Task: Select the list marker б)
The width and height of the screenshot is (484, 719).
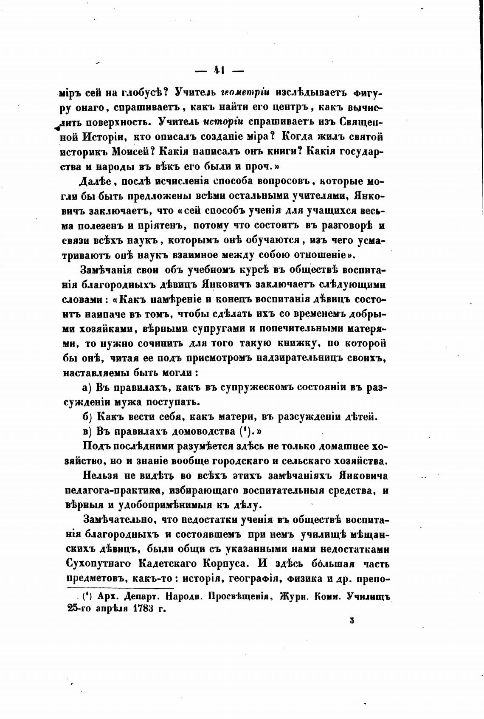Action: click(x=86, y=417)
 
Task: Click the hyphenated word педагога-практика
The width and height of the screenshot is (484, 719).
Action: click(x=113, y=490)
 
